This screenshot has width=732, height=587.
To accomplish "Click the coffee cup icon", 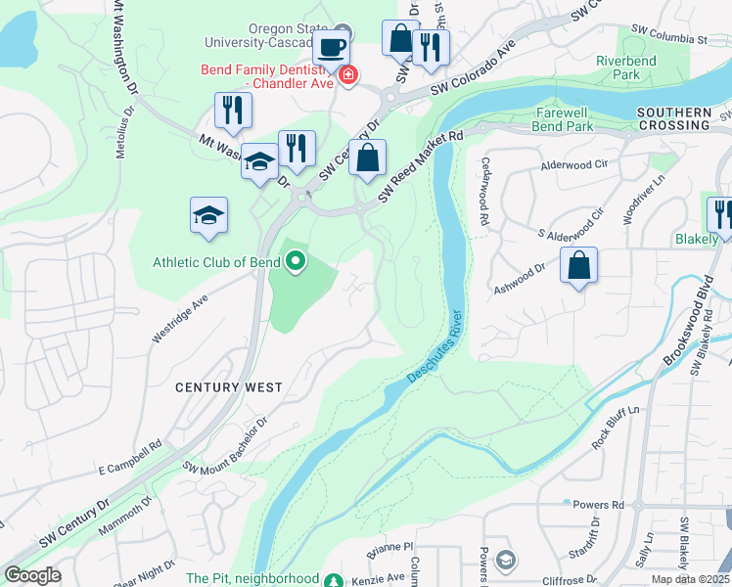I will [332, 46].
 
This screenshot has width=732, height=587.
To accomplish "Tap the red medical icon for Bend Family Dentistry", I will [348, 74].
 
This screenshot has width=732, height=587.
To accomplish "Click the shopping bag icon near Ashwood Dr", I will [579, 264].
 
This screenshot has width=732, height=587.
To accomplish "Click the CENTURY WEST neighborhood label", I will [228, 387].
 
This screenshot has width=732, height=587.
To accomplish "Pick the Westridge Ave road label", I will [180, 315].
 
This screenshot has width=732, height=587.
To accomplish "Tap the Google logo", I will [31, 575].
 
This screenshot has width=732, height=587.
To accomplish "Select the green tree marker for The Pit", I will [335, 579].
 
